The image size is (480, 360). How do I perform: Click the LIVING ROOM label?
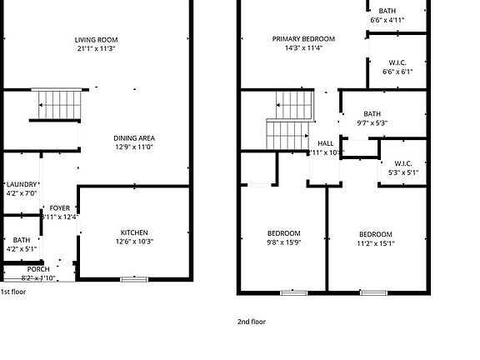pos(95,39)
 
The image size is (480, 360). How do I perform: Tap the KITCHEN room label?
pos(134,232)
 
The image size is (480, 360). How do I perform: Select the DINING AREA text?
pos(134,138)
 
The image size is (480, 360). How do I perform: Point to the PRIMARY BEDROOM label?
pos(303,39)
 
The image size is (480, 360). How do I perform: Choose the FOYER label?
pos(60,208)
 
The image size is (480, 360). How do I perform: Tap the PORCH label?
pos(38,269)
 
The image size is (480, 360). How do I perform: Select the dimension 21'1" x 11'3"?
pos(95,48)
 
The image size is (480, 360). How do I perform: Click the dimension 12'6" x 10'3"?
pos(134,242)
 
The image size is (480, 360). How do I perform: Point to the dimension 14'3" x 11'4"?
pos(303,48)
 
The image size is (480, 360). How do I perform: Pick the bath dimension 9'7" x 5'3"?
pos(372,123)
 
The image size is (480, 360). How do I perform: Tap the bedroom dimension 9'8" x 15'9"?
pos(283,243)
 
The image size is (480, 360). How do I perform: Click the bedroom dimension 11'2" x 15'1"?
pos(376,243)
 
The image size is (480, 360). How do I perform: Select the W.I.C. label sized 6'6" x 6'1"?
pos(397,62)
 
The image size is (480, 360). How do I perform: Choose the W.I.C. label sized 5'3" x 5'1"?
pos(402,163)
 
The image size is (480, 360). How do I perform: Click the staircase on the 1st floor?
pos(59,105)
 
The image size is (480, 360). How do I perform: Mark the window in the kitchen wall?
pos(133,279)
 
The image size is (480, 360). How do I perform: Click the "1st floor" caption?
pos(13,292)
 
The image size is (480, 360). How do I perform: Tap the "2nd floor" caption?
pos(252,321)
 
